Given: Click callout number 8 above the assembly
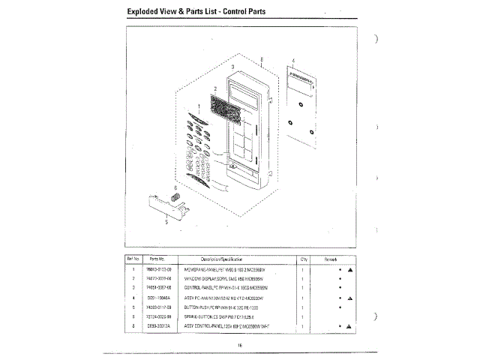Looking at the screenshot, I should [x=262, y=59].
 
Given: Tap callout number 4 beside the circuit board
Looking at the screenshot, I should [x=292, y=60].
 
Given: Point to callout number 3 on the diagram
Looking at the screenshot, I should [x=233, y=67].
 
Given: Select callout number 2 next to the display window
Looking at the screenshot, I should [x=214, y=88].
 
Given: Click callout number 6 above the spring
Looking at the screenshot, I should [x=175, y=187].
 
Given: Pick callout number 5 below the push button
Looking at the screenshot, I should [x=166, y=221].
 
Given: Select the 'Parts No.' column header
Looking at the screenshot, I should [x=157, y=259].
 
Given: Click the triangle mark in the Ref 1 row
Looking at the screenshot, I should [x=350, y=268].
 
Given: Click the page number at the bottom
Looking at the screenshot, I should [x=238, y=344].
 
